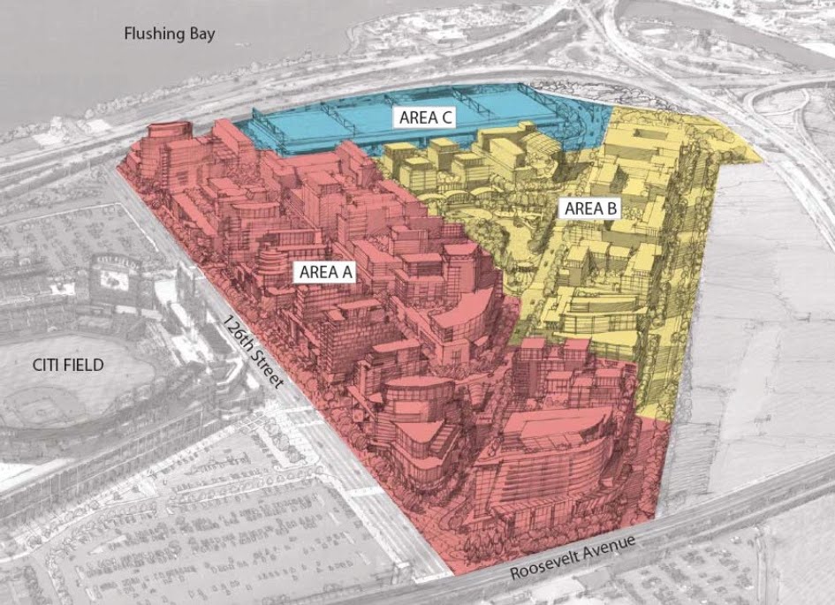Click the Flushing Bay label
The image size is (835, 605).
[170, 34]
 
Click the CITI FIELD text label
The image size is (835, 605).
[65, 365]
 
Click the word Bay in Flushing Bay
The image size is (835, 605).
[201, 34]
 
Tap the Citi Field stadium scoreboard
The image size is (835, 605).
[114, 277]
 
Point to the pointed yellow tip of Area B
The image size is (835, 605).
[755, 159]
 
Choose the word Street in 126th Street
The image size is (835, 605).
[267, 374]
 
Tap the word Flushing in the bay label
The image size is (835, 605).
[154, 34]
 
